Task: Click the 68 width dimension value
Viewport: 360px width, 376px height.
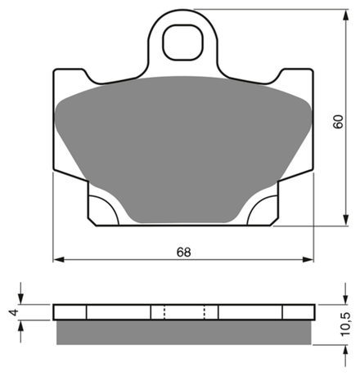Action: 183,253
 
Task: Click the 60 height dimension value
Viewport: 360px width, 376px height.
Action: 338,122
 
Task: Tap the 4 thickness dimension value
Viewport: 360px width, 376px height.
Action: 14,312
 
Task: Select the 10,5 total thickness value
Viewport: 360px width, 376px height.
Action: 344,325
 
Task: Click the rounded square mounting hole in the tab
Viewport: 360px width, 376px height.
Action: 183,43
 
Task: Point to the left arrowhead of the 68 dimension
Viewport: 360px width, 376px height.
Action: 59,259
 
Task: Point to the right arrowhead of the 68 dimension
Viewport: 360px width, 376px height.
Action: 308,259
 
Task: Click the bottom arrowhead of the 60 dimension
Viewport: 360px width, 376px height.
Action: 346,220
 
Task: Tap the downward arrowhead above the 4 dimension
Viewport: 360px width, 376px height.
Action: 20,298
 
